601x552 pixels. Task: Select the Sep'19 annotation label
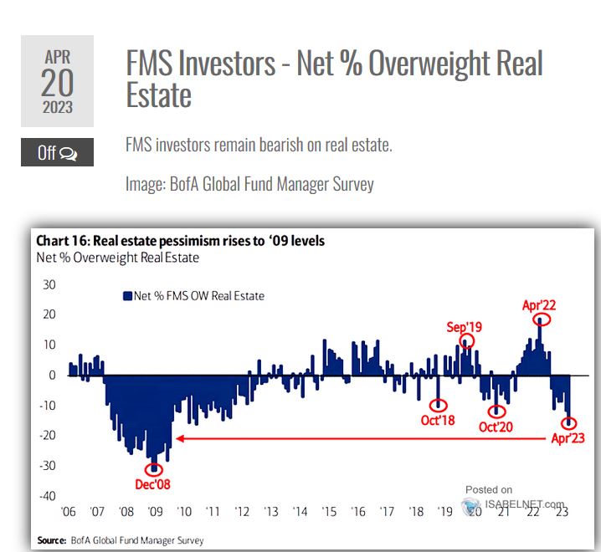point(465,327)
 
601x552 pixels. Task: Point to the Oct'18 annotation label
point(438,419)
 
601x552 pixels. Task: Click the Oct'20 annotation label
point(496,427)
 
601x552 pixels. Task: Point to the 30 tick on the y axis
point(49,284)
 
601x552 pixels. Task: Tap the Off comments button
point(57,153)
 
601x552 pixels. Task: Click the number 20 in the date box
point(57,84)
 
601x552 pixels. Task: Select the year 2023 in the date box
point(57,108)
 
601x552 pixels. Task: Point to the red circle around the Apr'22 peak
point(542,320)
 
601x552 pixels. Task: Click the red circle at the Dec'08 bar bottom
point(153,469)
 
